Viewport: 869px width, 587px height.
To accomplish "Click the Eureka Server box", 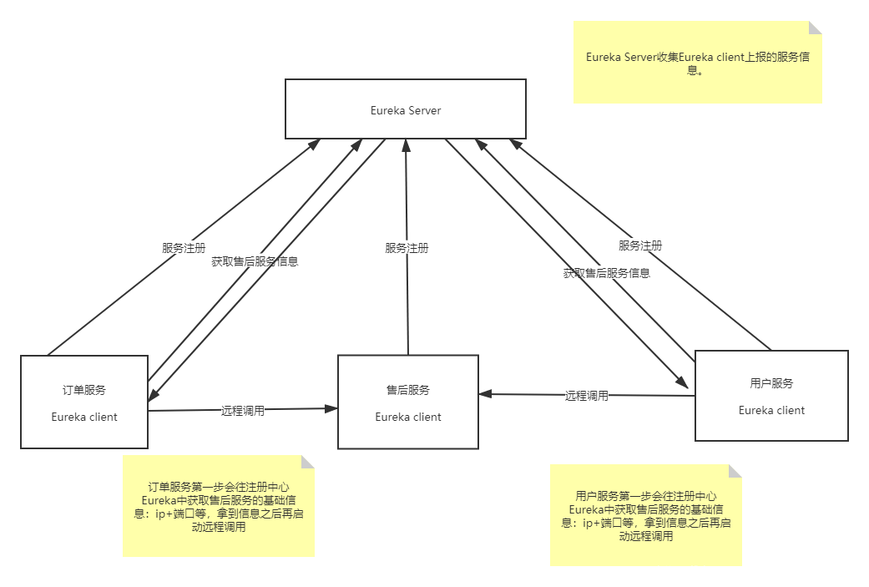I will point(406,109).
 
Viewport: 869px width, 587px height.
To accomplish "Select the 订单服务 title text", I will point(84,390).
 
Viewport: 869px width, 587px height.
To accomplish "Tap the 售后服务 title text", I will point(408,390).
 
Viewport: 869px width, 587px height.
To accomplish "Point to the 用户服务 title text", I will point(771,383).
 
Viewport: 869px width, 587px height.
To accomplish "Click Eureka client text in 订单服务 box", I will point(84,417).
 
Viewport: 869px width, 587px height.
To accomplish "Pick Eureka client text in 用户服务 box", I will point(771,410).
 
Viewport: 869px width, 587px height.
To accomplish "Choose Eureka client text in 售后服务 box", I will point(408,417).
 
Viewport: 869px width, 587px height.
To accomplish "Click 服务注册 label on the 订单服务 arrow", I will point(184,248).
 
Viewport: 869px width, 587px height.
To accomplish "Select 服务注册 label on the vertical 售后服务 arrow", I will point(407,248).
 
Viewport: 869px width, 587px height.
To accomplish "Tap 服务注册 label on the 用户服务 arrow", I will point(640,245).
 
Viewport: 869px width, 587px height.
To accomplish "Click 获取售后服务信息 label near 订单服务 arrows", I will point(255,261).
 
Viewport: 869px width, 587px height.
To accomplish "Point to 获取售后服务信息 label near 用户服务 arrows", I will point(607,272).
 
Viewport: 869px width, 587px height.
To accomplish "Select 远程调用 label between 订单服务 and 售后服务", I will point(243,410).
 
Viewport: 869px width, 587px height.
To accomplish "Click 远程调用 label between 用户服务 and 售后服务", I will point(587,396).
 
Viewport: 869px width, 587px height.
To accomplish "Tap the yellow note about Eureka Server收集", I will point(697,63).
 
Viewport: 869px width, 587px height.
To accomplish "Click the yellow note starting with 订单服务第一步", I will point(219,506).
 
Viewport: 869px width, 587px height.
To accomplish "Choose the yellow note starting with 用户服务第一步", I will point(646,515).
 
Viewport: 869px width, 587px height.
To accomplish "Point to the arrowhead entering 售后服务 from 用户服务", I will point(485,394).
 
